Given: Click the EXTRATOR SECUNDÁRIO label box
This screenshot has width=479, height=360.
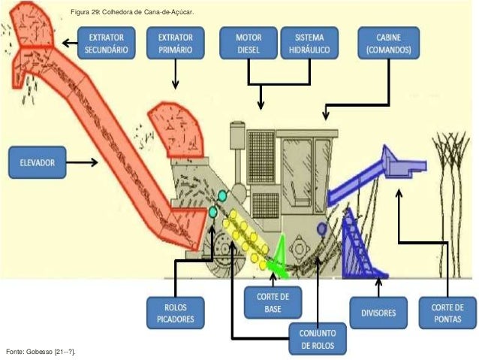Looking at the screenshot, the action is [107, 43].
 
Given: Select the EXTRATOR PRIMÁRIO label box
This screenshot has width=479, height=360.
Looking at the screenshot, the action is [176, 43].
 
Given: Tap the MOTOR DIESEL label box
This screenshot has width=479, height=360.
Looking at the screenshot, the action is [249, 43].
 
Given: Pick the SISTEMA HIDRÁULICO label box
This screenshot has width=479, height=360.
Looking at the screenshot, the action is [309, 43].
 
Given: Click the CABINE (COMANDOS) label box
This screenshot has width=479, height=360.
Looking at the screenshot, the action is [389, 43].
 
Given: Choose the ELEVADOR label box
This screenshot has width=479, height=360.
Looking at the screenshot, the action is [38, 162].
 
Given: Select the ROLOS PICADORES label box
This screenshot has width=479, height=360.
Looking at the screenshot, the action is [176, 313].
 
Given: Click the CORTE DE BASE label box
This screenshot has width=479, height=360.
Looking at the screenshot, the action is [273, 302].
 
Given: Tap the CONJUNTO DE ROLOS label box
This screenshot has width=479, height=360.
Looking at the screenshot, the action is [318, 339].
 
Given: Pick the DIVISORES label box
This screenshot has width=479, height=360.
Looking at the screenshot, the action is [378, 313].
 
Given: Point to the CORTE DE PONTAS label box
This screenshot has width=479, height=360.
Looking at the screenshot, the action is [447, 313].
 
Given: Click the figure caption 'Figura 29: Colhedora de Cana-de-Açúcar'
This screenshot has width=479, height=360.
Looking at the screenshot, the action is [132, 12].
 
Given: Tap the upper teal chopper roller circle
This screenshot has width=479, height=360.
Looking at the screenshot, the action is [222, 195].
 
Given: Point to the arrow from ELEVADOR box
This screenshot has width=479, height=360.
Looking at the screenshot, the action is [82, 162].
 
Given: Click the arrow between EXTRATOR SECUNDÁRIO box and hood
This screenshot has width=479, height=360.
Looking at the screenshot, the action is [70, 43].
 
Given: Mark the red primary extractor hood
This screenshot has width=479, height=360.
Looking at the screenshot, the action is [176, 130].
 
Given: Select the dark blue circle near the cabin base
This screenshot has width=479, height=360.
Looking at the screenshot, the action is [321, 228].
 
